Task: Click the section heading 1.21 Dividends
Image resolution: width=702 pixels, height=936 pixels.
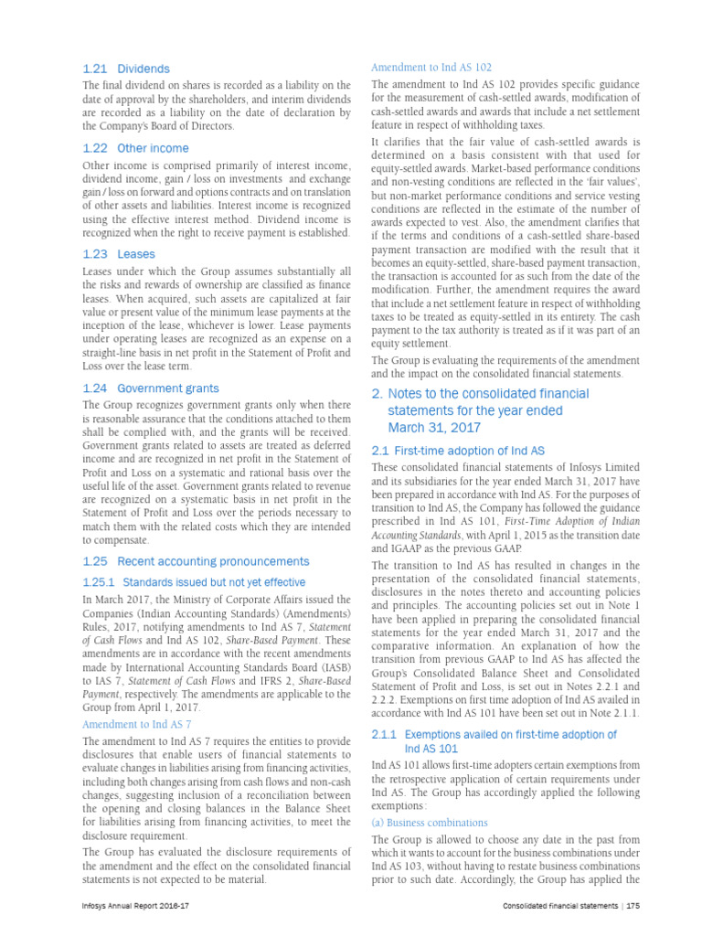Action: click(x=125, y=69)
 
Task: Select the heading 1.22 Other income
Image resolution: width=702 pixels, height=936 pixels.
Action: click(x=135, y=148)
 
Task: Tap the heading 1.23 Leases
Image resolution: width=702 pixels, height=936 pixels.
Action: click(x=119, y=254)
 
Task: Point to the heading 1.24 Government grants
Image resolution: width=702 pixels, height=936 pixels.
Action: click(x=150, y=388)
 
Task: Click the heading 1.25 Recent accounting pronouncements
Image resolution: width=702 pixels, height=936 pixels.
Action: click(x=196, y=561)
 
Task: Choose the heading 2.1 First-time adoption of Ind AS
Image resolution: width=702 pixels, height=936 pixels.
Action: click(x=458, y=451)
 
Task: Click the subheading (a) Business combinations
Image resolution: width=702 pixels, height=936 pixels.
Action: click(x=430, y=823)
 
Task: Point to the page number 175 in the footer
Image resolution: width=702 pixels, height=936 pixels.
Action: click(x=632, y=906)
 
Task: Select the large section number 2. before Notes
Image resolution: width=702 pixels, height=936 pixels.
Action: click(x=377, y=394)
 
